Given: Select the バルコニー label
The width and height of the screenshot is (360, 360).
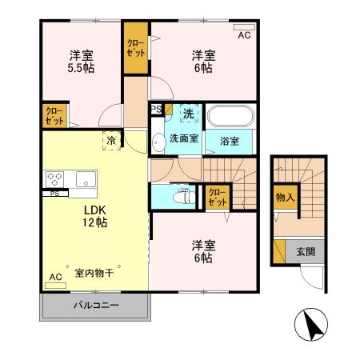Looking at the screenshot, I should point(96,305).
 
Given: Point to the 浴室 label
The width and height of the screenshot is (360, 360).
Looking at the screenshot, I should point(230,142).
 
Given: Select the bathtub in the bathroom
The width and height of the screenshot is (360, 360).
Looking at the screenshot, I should point(230,117).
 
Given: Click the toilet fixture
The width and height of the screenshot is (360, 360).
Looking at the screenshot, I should point(183,195).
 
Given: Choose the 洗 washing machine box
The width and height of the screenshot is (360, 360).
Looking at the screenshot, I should point(189,114).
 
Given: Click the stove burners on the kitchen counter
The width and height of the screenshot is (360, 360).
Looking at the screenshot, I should point(55,178).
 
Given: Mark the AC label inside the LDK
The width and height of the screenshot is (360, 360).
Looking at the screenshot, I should point(55,278).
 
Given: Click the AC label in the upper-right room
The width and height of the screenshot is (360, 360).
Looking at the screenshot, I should point(244,35).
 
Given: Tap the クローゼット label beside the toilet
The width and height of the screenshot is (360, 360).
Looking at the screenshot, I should point(216,197).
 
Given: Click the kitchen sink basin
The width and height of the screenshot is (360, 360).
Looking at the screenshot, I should point(84,178).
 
